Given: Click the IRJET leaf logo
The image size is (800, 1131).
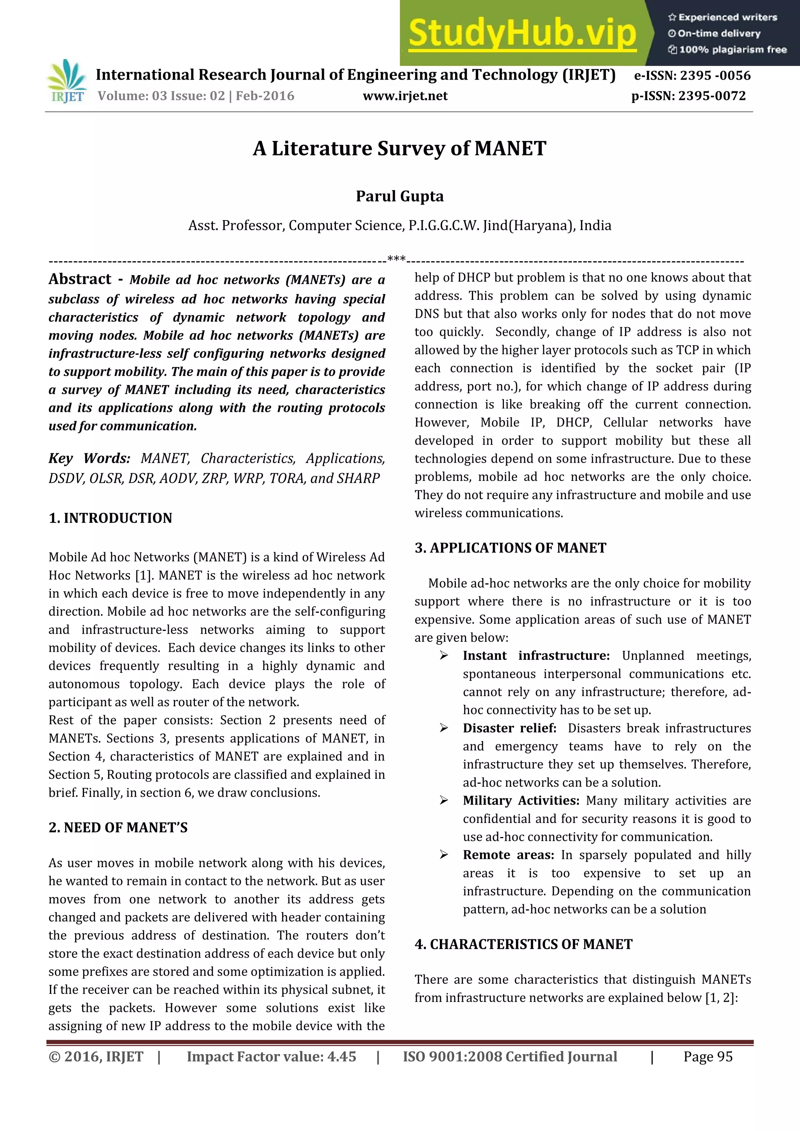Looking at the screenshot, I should coord(66,81).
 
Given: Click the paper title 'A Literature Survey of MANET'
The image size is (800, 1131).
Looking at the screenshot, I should coord(399,148).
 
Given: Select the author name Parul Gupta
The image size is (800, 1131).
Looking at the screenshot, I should coord(399,196).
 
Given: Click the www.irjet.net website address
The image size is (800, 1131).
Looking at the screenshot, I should coord(405,96).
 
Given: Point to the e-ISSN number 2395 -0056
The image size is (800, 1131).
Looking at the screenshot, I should coord(692,75).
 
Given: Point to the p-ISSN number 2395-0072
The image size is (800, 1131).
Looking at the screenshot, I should coord(689,96).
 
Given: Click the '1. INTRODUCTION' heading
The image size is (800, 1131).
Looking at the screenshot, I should coord(111,518).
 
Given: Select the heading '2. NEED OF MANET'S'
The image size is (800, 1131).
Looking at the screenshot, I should coord(118,828).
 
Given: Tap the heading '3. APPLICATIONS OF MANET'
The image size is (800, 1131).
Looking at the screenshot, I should coord(510,548).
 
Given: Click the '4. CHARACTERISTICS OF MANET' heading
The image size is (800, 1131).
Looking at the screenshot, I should coord(523,944).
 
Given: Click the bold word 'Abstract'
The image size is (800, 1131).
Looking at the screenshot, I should coord(80,279).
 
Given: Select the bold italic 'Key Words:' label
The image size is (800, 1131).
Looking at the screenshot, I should coord(89,459).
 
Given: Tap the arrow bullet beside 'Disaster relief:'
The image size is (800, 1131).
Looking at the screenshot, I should coord(444,728).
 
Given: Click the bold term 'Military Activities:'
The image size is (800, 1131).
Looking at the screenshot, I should coord(521,800).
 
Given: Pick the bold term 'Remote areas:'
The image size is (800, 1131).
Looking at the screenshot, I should coord(508,855).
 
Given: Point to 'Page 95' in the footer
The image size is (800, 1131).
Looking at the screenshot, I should coord(707,1056).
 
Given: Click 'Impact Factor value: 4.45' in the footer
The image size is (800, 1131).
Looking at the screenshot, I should coord(271,1056).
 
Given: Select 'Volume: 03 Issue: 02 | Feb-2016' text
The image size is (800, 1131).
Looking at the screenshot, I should coord(196,96).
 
